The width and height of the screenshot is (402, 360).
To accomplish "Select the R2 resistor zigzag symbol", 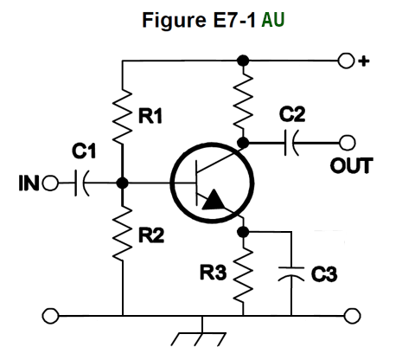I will click(124, 235).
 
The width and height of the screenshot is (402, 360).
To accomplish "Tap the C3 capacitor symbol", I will click(292, 274).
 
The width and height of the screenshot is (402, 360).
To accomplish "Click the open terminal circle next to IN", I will click(50, 183).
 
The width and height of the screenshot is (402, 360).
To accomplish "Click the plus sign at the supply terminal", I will click(365, 61).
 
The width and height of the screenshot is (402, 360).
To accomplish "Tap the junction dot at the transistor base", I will click(124, 183).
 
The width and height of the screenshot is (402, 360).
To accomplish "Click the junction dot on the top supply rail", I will click(245, 61).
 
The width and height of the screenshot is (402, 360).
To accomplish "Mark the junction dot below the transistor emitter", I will click(245, 231).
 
